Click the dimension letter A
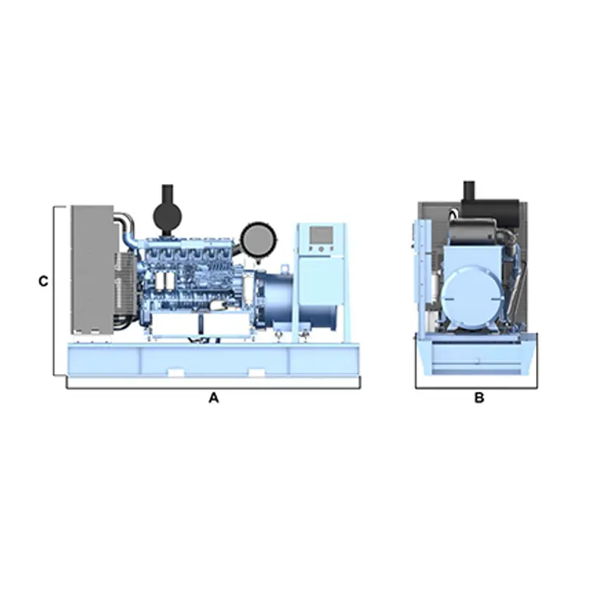[x=214, y=398]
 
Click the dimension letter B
[x=479, y=398]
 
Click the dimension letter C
[x=43, y=281]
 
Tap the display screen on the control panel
[x=320, y=236]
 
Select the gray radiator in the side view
[x=91, y=269]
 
